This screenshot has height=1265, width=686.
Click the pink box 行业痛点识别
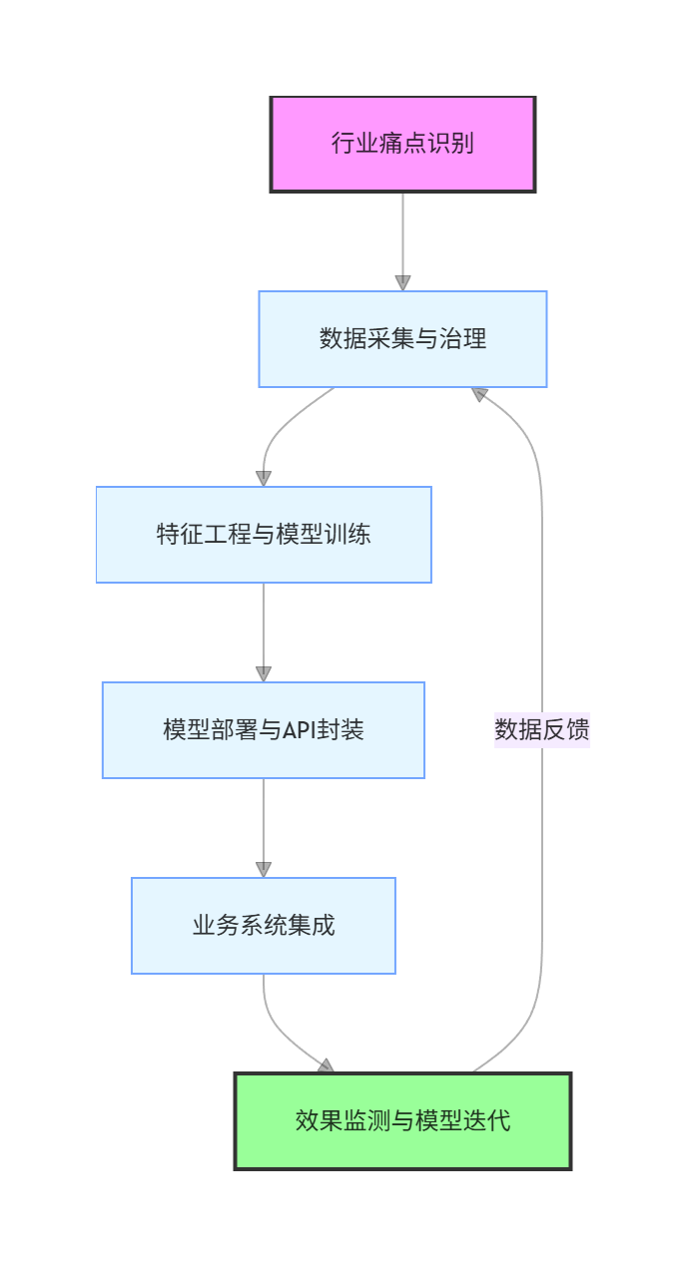[x=402, y=144]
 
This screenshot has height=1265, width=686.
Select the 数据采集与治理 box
[x=402, y=339]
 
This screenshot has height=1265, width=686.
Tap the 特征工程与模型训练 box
[x=264, y=535]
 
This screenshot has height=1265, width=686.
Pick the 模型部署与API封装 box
[x=264, y=730]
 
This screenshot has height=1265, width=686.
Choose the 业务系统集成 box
[x=264, y=926]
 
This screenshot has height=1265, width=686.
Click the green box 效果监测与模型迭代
[x=402, y=1121]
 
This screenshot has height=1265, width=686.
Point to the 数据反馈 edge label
[x=542, y=730]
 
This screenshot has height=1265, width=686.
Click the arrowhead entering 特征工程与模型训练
[x=264, y=479]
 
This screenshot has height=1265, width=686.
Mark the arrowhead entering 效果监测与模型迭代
[x=326, y=1066]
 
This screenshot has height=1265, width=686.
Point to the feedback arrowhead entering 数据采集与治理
[x=479, y=394]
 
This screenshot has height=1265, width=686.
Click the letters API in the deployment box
[x=299, y=730]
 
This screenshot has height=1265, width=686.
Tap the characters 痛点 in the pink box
[x=402, y=144]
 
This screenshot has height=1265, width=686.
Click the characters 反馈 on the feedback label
[x=566, y=730]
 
